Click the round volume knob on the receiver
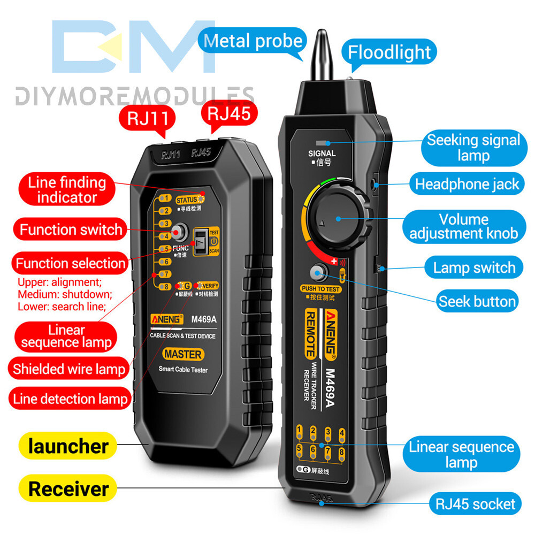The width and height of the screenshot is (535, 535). [337, 218]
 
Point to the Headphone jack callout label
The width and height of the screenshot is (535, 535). [467, 185]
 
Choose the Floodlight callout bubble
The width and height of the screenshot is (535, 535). [389, 52]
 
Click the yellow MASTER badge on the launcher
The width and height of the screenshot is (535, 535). [183, 354]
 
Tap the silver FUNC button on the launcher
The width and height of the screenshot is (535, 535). [180, 234]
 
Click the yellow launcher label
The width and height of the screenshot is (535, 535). [68, 446]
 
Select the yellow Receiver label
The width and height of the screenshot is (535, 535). [68, 488]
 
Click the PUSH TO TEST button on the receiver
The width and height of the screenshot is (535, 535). [320, 273]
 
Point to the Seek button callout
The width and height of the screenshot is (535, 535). [477, 301]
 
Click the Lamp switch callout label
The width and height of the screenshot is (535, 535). [474, 267]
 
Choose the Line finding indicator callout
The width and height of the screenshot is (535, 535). [67, 189]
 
